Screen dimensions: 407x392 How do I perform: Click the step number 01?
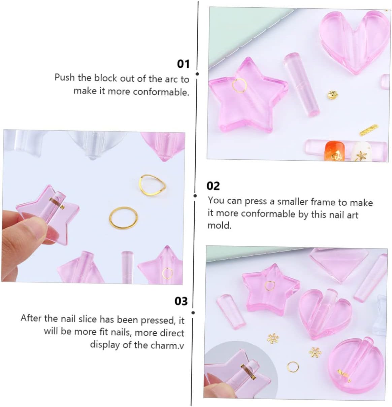pos(184,64)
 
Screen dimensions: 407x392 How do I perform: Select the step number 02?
pos(213,186)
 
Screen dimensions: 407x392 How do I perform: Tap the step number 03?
pos(181,301)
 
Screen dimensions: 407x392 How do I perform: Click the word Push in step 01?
pos(65,78)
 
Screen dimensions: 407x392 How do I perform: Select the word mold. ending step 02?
pos(219,225)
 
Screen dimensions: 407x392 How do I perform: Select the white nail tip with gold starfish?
pos(360,152)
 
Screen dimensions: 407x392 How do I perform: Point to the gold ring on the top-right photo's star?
pos(239,85)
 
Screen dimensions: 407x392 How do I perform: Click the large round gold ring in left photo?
pos(124,217)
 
